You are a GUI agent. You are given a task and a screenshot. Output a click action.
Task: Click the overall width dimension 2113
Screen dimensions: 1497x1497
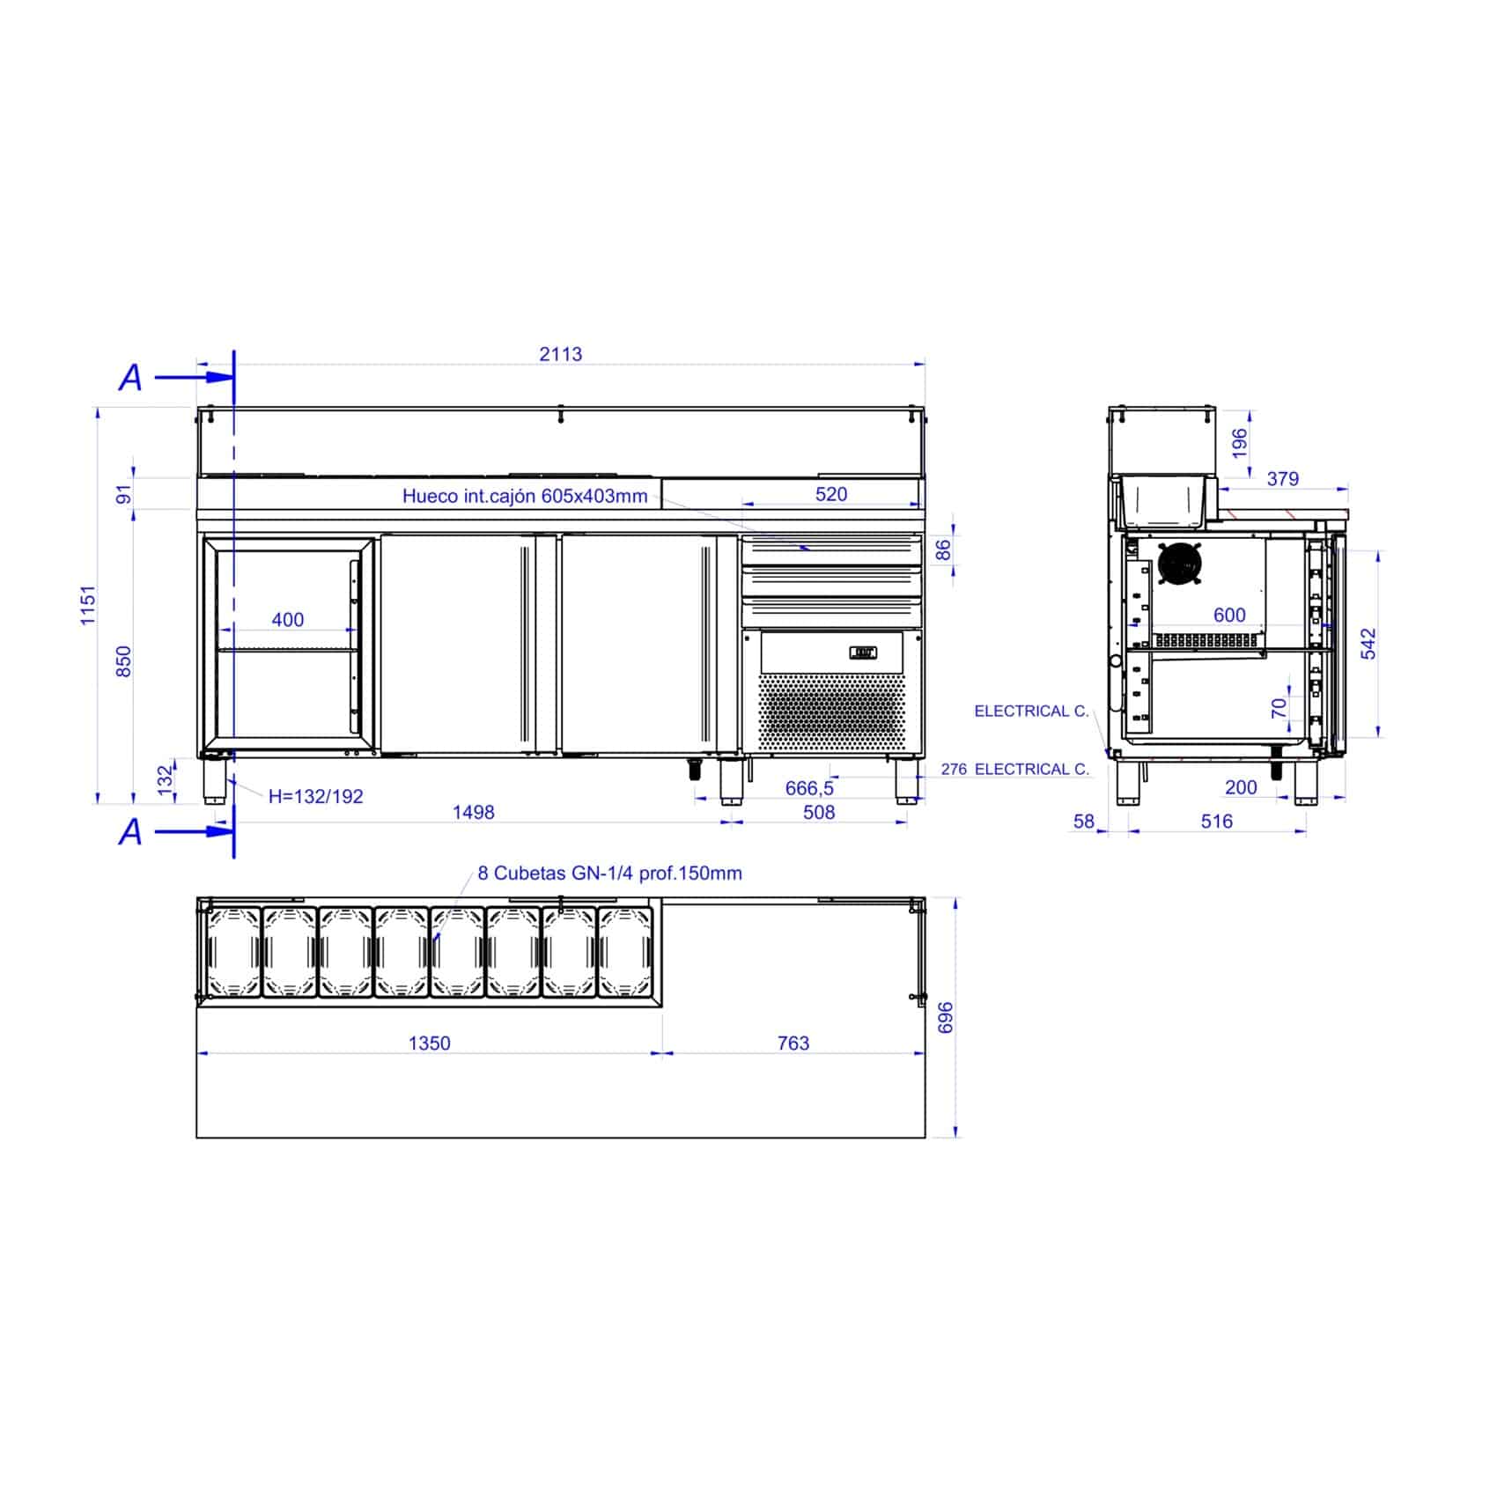pos(561,354)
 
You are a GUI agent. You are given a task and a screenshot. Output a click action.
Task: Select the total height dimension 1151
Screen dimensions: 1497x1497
pos(88,605)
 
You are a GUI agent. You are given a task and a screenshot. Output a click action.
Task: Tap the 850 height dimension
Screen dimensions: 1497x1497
pos(124,661)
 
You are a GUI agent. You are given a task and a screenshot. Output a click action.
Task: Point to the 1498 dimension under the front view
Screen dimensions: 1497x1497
pos(474,812)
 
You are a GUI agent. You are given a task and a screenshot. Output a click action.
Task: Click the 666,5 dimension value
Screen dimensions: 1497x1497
pos(809,788)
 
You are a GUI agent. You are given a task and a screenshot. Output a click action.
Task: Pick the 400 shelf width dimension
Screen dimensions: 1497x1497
pos(288,620)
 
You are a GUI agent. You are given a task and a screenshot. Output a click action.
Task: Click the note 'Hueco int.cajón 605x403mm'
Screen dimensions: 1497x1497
pos(525,496)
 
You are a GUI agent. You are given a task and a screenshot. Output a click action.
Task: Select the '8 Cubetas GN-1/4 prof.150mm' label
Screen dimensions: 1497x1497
pos(610,873)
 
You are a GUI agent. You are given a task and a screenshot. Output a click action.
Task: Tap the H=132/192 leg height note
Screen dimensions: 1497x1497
pos(316,796)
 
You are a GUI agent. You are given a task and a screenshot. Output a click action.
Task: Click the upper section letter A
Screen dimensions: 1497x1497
pos(130,378)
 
